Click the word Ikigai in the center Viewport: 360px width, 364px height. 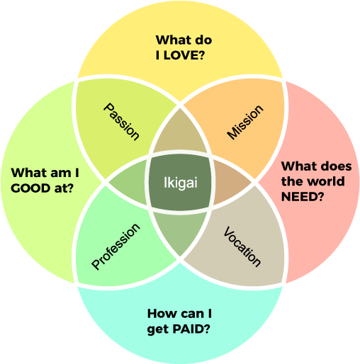(181, 183)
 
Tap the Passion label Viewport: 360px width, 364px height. (121, 122)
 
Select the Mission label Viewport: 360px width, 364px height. (245, 122)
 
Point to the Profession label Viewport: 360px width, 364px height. (116, 246)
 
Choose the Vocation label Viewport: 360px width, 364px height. (242, 246)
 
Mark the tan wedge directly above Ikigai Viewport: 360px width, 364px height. (180, 132)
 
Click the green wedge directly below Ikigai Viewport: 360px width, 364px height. (180, 232)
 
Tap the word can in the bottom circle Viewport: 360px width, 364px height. (192, 314)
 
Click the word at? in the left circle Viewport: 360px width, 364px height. (64, 188)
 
